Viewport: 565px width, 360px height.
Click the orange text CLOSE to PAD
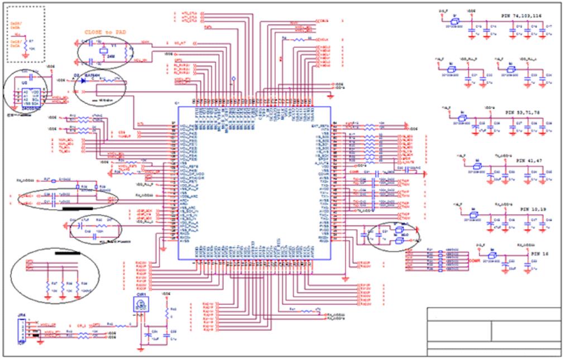(104, 32)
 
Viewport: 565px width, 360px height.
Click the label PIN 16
(540, 253)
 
